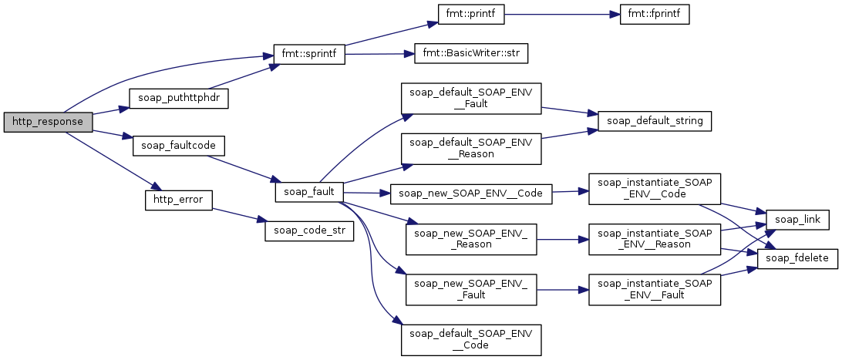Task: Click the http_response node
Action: (x=48, y=122)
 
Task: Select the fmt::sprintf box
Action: (x=308, y=56)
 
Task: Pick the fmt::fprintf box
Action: (x=654, y=14)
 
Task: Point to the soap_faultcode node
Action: (x=169, y=144)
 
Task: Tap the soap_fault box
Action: (x=308, y=191)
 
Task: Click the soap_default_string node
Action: (x=655, y=121)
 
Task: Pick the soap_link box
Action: (x=797, y=220)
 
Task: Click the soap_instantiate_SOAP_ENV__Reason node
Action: (x=654, y=239)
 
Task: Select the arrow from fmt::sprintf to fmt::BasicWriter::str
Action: (x=375, y=55)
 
